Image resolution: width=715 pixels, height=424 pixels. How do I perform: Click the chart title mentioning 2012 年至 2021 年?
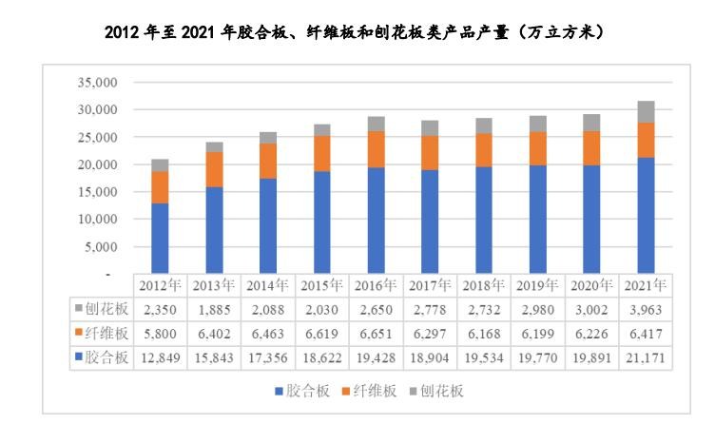[x=357, y=33]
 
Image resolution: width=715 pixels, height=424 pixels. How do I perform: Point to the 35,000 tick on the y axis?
[x=94, y=83]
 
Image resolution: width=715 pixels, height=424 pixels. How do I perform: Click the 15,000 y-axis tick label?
[x=94, y=192]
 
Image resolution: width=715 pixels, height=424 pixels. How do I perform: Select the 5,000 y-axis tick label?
[x=97, y=247]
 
